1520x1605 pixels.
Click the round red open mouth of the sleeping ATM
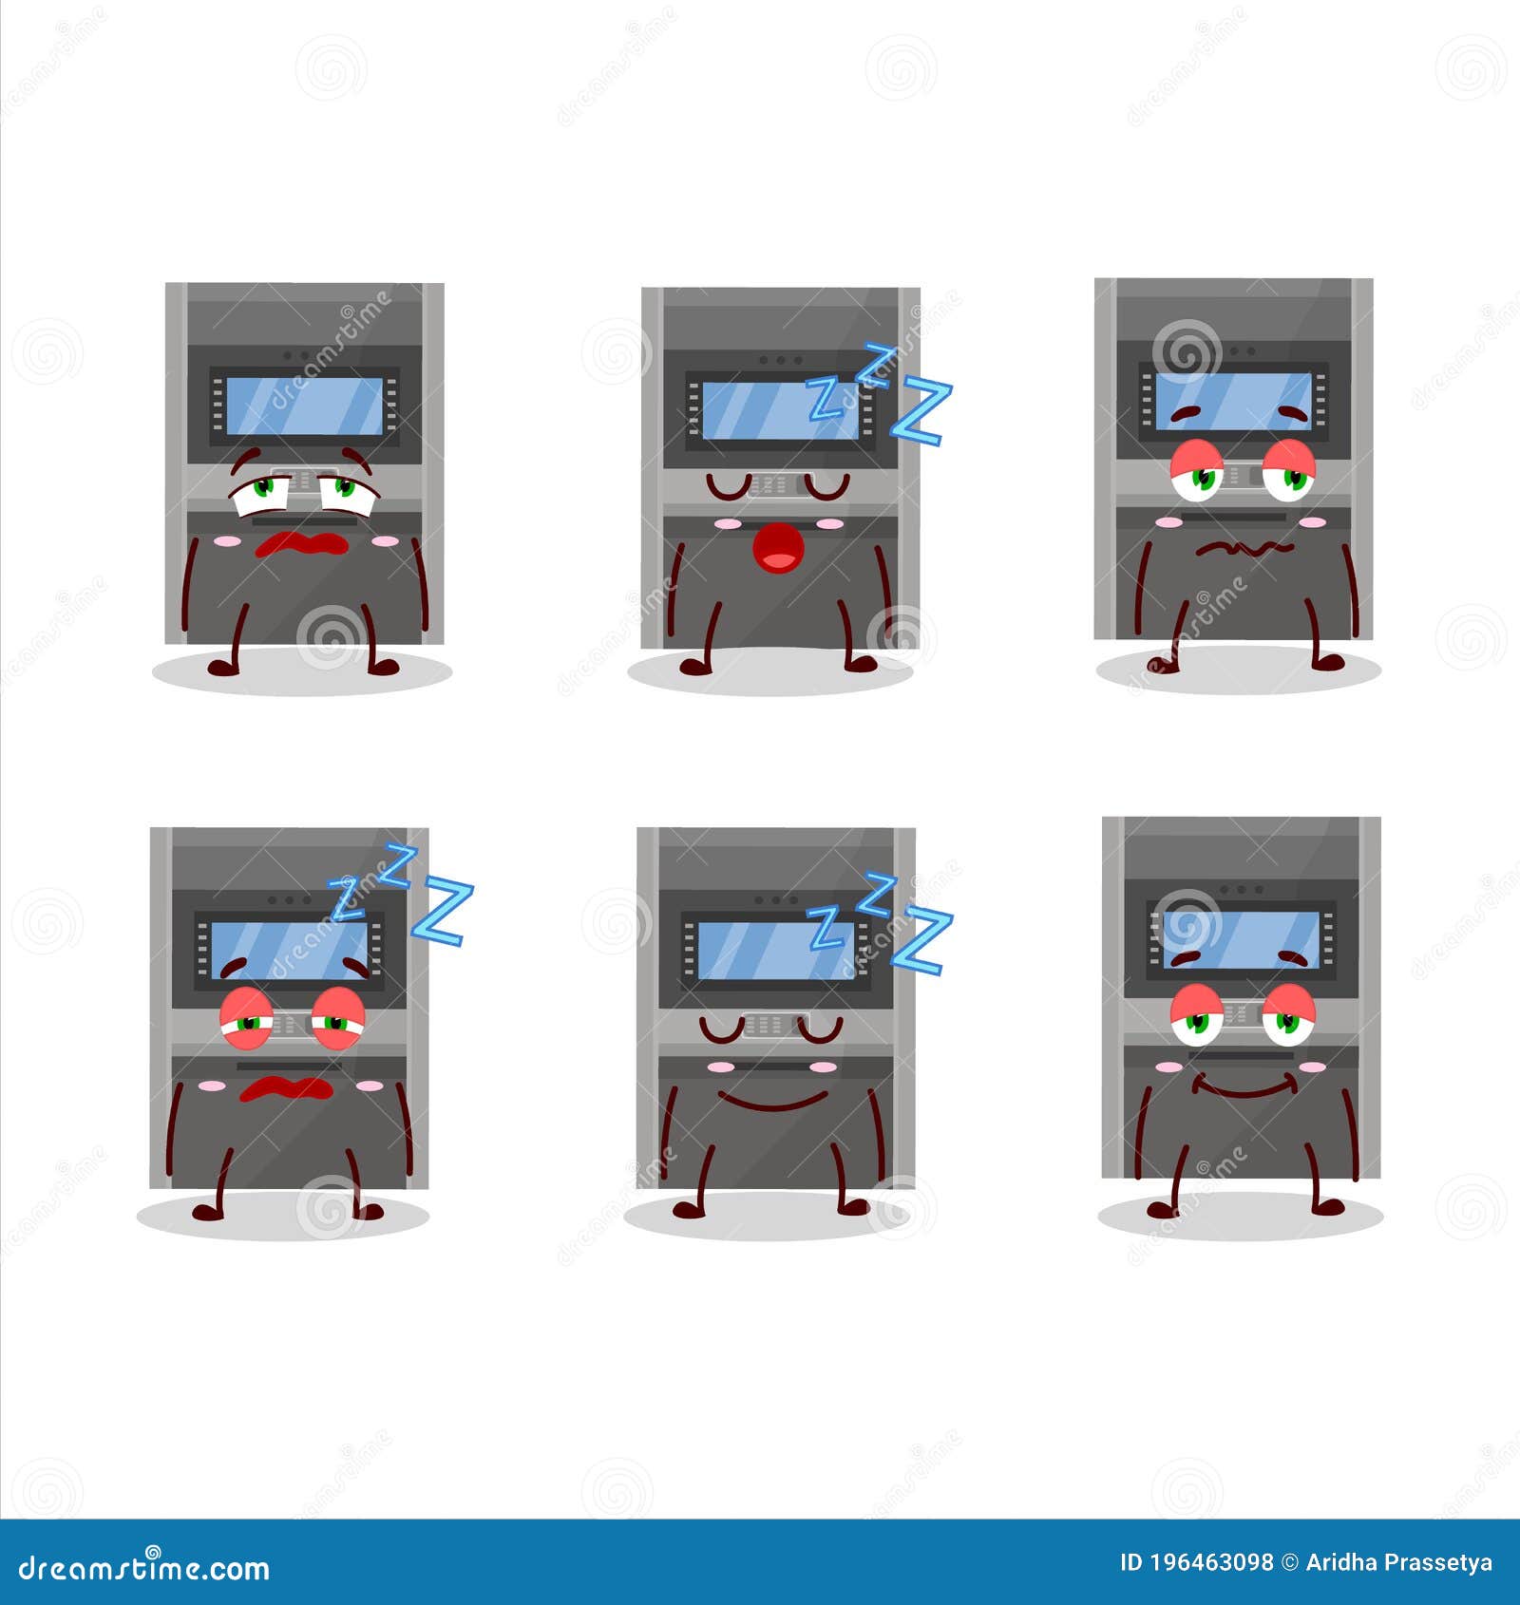click(778, 549)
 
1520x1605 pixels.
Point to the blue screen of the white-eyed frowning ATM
click(305, 406)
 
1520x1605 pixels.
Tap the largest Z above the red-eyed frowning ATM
click(443, 912)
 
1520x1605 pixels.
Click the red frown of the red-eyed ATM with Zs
click(286, 1088)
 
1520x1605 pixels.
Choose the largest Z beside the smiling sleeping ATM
click(921, 940)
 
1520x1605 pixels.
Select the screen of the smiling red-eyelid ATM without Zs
click(1241, 940)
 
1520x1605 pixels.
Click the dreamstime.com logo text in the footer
click(144, 1568)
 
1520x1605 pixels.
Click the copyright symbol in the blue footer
click(1288, 1562)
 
